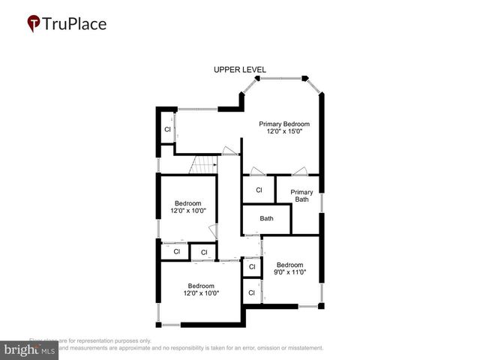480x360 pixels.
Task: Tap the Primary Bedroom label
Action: (284, 124)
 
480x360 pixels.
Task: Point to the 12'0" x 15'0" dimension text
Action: (284, 132)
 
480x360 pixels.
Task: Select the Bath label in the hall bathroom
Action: (266, 219)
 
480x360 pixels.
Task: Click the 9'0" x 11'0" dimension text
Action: (289, 273)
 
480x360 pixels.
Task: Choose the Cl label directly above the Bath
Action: (259, 190)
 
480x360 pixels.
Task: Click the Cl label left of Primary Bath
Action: (259, 190)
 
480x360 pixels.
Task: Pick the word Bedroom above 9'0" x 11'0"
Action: (289, 265)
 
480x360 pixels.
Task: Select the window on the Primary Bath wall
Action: (322, 202)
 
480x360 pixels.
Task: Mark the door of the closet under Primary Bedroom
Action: (257, 171)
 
